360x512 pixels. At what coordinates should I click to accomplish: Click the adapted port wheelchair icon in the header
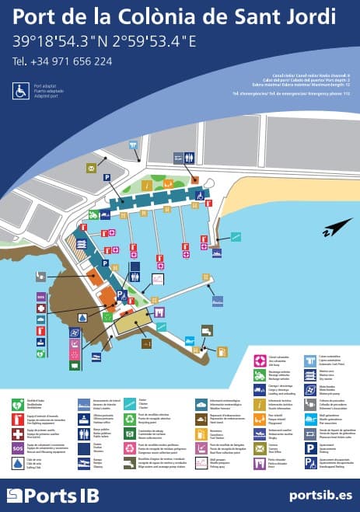click(x=20, y=91)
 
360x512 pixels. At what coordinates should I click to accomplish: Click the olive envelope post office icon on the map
click(x=92, y=167)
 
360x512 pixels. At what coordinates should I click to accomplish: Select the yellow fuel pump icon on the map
click(x=222, y=351)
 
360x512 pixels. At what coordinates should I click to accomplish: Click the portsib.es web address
click(x=319, y=494)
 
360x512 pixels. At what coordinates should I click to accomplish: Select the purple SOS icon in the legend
click(x=17, y=448)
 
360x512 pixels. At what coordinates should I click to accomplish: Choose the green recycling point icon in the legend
click(x=130, y=420)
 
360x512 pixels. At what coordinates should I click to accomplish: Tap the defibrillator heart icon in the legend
click(x=17, y=404)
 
